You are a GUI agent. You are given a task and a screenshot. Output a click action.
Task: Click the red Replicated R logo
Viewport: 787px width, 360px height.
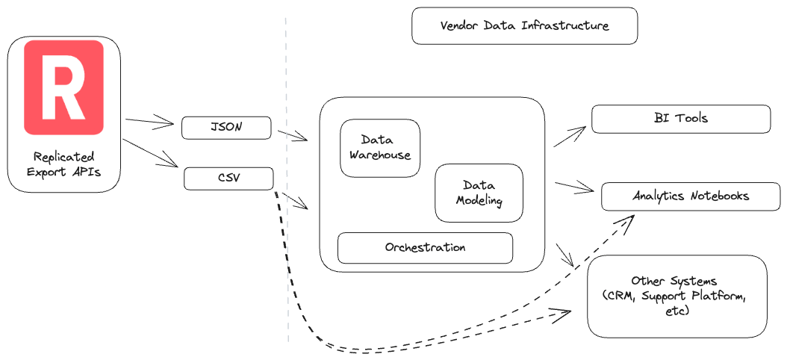click(63, 87)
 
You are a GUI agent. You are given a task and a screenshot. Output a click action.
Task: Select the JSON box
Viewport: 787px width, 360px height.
click(225, 128)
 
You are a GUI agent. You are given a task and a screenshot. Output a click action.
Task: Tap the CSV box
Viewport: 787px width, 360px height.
click(228, 179)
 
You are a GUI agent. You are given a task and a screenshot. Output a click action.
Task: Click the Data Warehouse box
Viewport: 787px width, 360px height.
click(380, 148)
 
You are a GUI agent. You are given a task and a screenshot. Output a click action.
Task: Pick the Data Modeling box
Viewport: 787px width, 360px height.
click(479, 193)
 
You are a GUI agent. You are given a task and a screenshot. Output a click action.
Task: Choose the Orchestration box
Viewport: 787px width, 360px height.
click(425, 248)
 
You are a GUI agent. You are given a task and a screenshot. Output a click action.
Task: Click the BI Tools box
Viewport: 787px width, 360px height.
click(680, 119)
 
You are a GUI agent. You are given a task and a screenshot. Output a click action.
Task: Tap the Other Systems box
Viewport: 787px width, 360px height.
click(676, 296)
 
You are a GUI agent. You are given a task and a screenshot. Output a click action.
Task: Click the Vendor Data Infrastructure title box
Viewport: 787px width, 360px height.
click(524, 26)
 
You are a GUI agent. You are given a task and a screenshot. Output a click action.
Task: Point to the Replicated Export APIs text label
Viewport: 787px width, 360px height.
click(63, 164)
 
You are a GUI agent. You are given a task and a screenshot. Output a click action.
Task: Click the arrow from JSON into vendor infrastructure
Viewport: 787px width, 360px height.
click(292, 135)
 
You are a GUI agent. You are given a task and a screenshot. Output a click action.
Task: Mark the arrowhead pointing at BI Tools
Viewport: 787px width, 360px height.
click(580, 131)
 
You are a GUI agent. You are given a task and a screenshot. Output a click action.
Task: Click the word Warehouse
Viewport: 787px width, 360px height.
click(380, 155)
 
